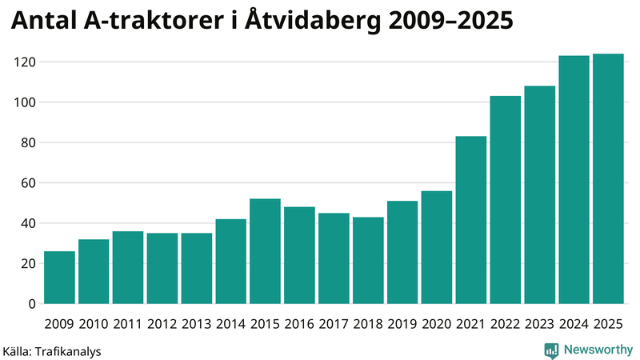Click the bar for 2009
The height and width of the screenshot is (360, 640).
[x=59, y=278]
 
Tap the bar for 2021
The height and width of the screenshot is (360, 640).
[x=471, y=220]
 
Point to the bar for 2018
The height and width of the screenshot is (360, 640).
[x=368, y=260]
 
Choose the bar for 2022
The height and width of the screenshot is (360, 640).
[x=506, y=200]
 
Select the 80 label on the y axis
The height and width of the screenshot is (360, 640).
[x=30, y=142]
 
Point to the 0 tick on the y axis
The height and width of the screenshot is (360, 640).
[x=33, y=304]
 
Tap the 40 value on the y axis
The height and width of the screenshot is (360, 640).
[x=30, y=223]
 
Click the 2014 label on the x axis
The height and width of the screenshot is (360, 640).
[x=230, y=324]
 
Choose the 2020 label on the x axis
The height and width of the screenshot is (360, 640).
[x=437, y=324]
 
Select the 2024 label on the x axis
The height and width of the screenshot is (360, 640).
[x=574, y=324]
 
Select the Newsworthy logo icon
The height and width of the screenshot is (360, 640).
[x=552, y=350]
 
